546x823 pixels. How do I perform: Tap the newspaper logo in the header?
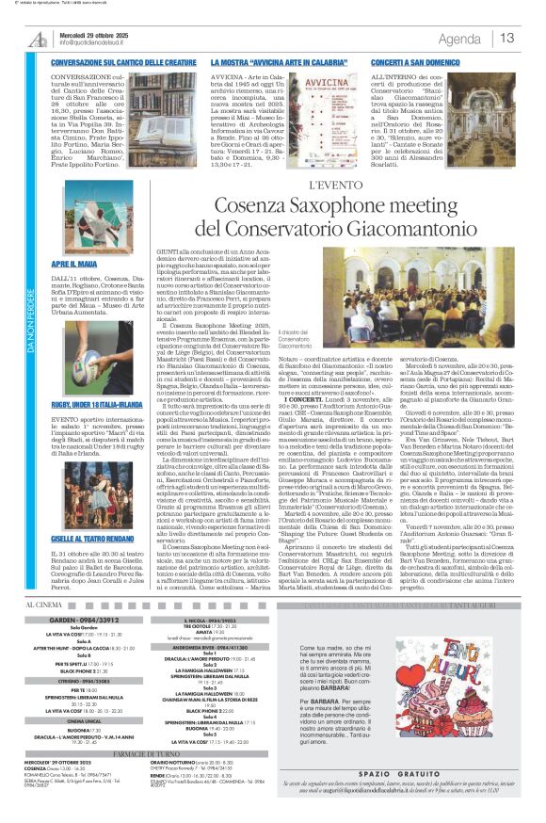(39, 39)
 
